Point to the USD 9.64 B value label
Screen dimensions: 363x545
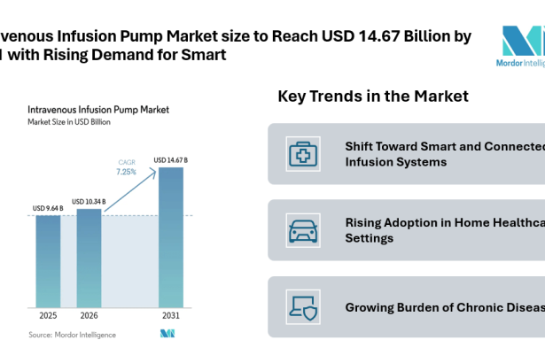48,209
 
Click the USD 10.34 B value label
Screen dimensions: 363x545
89,202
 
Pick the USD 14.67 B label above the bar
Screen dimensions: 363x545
170,160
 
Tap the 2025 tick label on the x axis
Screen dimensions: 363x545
48,315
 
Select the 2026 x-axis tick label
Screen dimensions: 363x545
89,315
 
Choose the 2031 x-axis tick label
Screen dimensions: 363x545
170,315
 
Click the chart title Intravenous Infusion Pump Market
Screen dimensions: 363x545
98,110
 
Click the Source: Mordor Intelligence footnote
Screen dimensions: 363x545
66,335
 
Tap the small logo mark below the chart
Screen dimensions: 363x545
167,333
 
